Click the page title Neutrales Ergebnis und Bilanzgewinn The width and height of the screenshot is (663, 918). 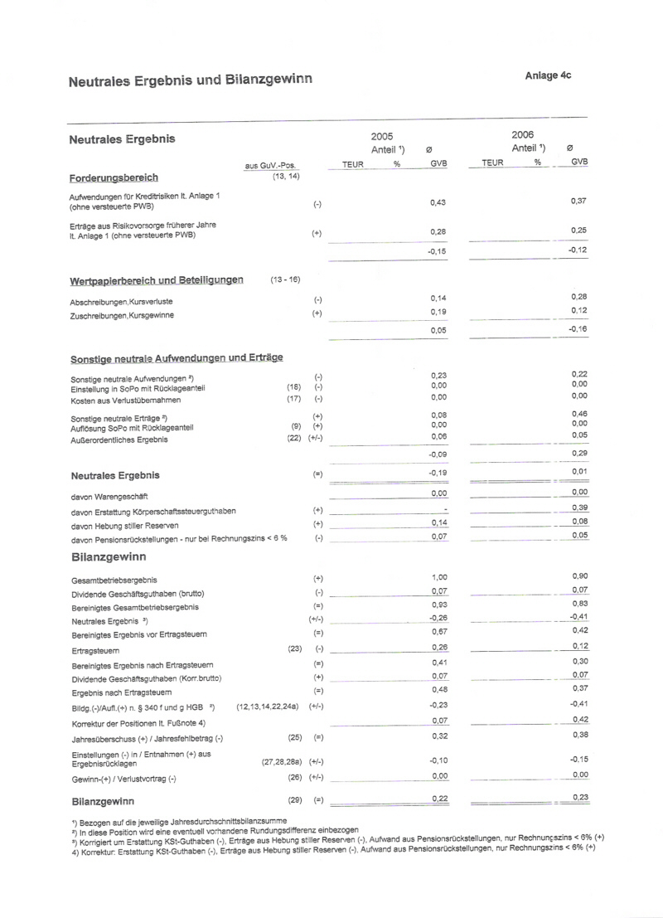(x=190, y=80)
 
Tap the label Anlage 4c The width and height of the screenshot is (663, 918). (x=548, y=75)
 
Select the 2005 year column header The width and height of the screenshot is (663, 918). (x=382, y=135)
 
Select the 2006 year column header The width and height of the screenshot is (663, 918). (x=523, y=134)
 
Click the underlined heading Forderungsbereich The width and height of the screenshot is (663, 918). (x=114, y=177)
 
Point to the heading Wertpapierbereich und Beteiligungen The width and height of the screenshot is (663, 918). (x=157, y=280)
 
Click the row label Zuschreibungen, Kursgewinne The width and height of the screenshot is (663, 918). (x=122, y=315)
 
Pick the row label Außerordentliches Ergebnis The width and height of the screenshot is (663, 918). (x=119, y=440)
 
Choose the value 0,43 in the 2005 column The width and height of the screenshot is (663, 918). (x=438, y=202)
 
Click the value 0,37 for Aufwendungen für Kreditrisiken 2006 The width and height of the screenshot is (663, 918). (x=579, y=201)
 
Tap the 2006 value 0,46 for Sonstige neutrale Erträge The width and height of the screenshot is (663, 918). (x=579, y=413)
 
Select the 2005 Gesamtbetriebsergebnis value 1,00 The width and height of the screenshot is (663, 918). (x=439, y=576)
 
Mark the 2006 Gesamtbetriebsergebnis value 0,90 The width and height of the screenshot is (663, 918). (x=579, y=576)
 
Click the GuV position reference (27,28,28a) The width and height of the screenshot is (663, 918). (x=281, y=760)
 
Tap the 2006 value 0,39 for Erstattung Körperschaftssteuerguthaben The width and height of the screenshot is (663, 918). (x=579, y=508)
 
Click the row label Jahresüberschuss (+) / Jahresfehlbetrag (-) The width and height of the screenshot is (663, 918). (x=148, y=738)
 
